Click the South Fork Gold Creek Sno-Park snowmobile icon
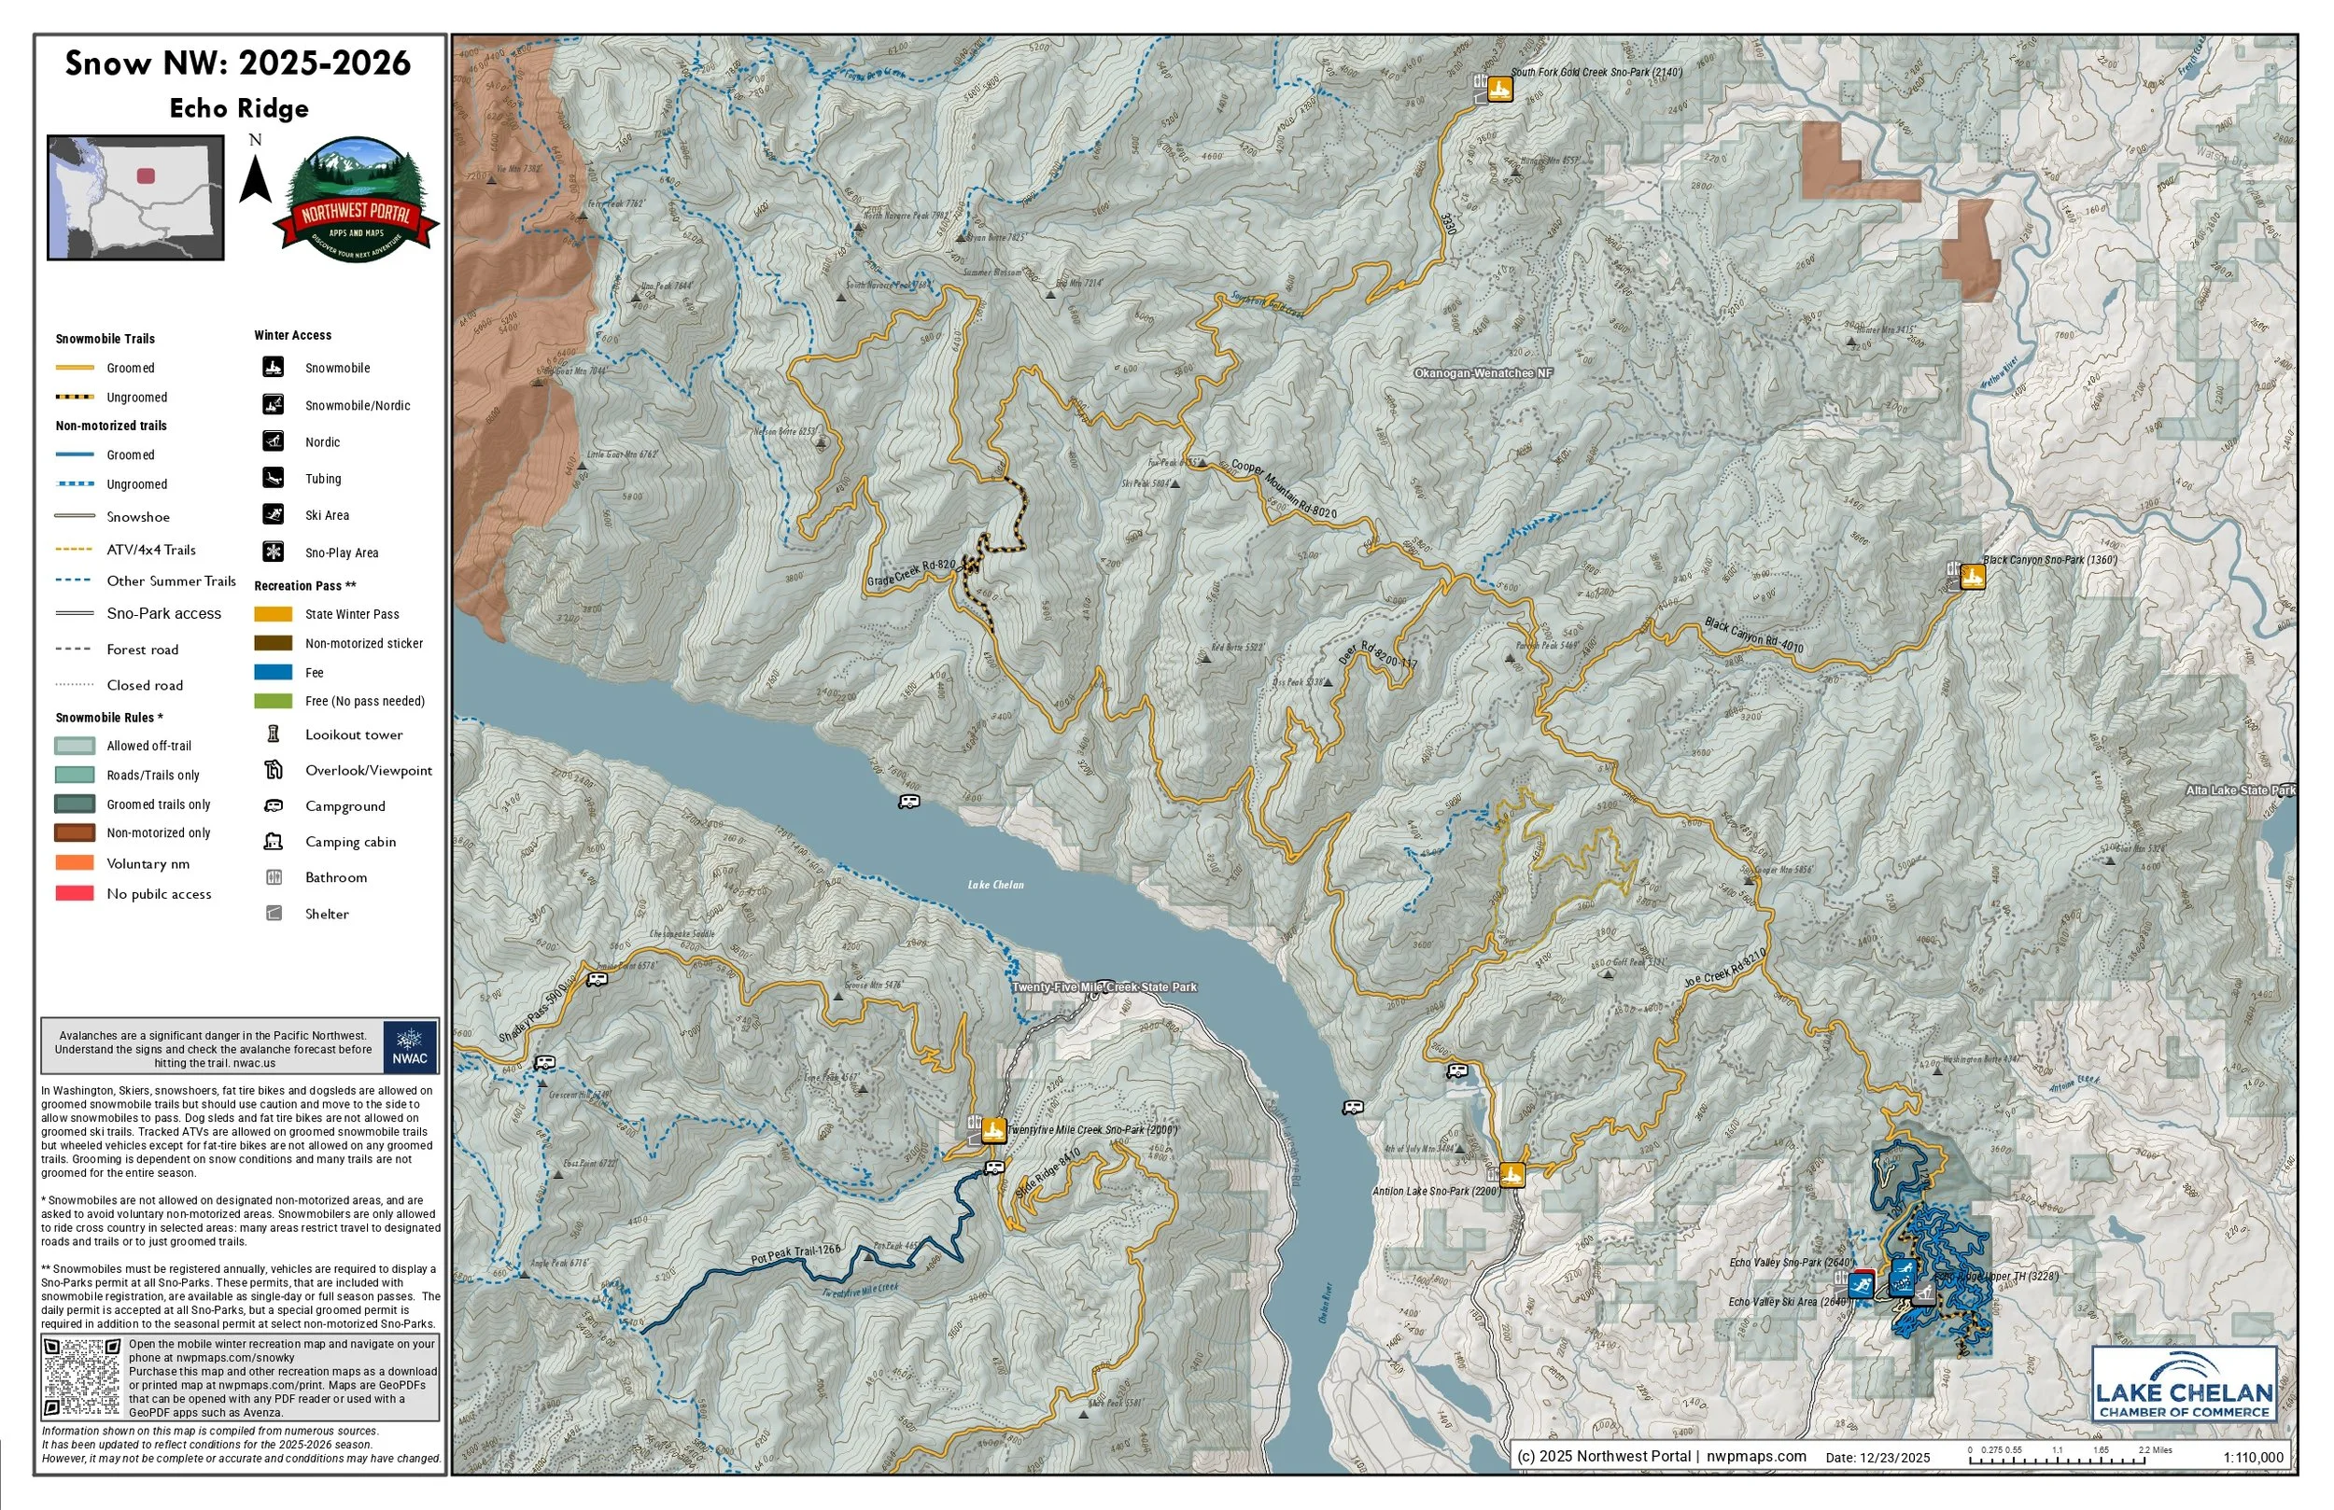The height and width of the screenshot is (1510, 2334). click(x=1498, y=90)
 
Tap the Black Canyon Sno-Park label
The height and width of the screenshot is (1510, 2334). click(x=2048, y=560)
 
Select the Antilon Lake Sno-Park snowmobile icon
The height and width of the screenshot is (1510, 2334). click(x=1511, y=1174)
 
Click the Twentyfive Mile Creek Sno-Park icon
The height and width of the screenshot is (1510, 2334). click(x=993, y=1130)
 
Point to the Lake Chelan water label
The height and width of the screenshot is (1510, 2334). click(x=995, y=885)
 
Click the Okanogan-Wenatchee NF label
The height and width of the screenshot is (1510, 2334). click(x=1483, y=373)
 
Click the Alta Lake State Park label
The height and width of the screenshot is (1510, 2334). click(x=2240, y=790)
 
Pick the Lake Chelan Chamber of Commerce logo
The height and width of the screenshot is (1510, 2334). click(x=2183, y=1386)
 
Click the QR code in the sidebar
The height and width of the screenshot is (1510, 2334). click(x=82, y=1377)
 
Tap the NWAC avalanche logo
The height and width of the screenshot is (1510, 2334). click(x=409, y=1046)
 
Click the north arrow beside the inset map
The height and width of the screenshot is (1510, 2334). click(x=255, y=176)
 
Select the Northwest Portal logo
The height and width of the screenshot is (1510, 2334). click(x=356, y=201)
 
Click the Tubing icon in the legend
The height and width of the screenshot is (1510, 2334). click(x=273, y=478)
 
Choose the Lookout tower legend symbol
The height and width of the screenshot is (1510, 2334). click(x=274, y=734)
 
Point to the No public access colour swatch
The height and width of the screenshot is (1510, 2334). click(x=75, y=893)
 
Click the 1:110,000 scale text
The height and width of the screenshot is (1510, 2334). click(x=2253, y=1457)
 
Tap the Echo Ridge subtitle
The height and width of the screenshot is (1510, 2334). click(x=238, y=108)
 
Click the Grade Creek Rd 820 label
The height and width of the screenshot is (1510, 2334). click(x=911, y=574)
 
